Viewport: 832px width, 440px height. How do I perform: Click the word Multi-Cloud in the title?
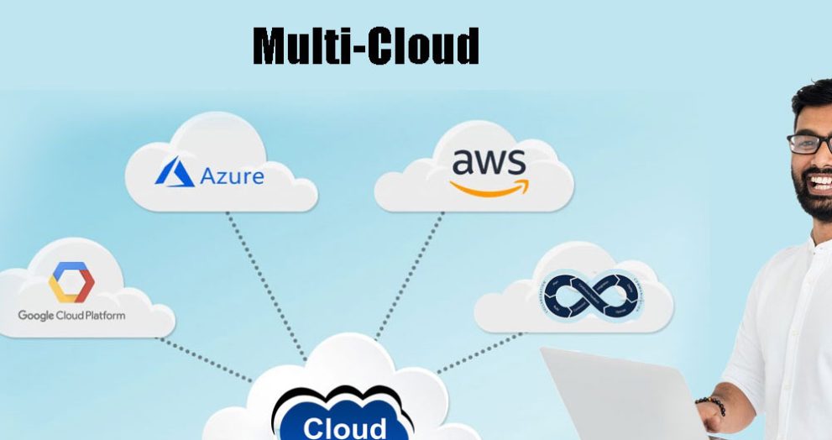[366, 46]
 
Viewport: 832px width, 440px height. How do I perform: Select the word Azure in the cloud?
[232, 175]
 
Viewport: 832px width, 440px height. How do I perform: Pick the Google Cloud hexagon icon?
[71, 282]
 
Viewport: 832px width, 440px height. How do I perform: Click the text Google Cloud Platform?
[71, 316]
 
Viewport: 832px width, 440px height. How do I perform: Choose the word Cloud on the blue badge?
[345, 427]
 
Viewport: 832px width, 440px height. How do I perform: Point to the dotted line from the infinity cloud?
[479, 353]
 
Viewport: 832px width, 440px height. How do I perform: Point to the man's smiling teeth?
[820, 181]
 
